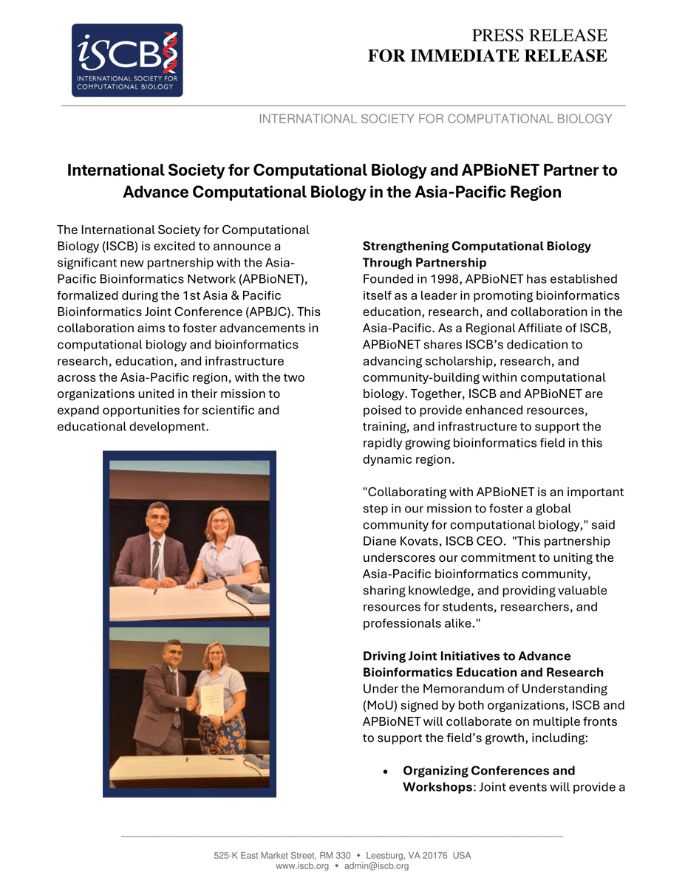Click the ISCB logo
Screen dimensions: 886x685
pos(127,60)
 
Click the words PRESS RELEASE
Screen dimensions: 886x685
pos(539,35)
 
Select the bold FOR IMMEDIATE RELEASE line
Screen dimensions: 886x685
pos(488,56)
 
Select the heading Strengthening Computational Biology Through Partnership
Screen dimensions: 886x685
pos(476,254)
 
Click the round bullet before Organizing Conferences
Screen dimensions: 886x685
pos(386,771)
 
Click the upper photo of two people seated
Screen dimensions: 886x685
pos(189,540)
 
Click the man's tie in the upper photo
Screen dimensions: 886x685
pos(156,560)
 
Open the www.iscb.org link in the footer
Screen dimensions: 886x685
pos(302,866)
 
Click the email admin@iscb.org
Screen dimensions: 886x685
pos(376,866)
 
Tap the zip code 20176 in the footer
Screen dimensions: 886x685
pos(426,856)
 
